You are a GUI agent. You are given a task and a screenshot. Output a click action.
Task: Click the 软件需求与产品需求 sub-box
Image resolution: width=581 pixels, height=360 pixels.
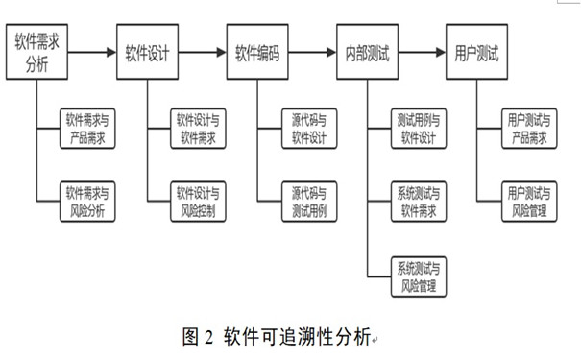(86, 129)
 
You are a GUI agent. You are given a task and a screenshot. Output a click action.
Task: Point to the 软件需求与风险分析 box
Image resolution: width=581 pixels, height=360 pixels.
(86, 199)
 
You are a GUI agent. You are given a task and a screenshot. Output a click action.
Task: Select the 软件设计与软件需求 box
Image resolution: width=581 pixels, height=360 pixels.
(199, 129)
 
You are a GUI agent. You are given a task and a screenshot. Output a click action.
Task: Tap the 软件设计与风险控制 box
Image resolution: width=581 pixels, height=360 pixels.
(199, 199)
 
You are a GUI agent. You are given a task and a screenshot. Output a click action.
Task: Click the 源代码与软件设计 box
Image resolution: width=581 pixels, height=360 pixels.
(308, 129)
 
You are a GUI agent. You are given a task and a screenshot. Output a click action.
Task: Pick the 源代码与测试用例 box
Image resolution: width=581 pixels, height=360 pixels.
(308, 199)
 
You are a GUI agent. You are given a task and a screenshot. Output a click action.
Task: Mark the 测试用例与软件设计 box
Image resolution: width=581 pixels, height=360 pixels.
(418, 129)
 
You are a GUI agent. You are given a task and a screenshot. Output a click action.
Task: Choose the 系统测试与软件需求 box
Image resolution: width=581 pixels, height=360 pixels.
(418, 199)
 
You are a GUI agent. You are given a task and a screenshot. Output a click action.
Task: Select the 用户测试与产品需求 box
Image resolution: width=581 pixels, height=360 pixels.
(528, 129)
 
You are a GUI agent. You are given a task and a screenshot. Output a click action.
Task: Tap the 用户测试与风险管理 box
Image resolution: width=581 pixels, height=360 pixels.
(528, 199)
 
